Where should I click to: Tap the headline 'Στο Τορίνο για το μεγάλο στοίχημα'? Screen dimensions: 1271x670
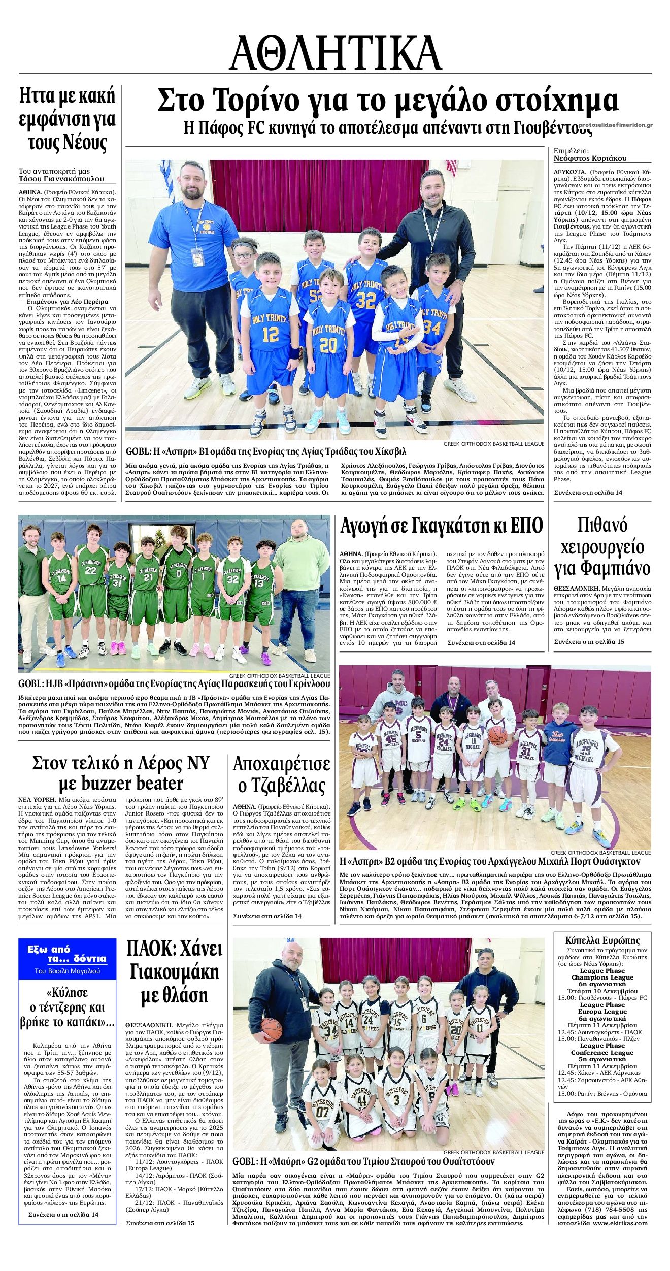click(x=388, y=101)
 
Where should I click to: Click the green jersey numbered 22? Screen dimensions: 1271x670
click(x=91, y=574)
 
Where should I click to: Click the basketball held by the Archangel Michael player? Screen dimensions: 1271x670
click(x=497, y=736)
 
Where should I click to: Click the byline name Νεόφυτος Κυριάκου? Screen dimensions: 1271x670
click(x=590, y=158)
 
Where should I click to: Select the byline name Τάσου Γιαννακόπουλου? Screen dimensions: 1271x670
click(x=61, y=179)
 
